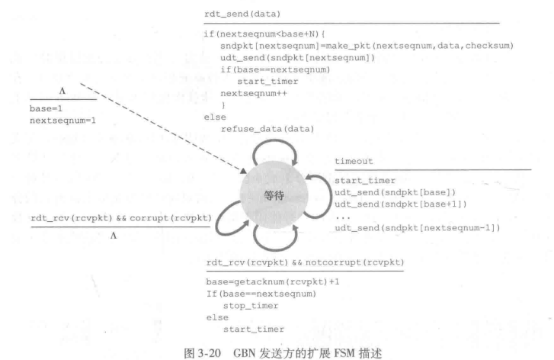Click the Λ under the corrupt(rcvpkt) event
[113, 236]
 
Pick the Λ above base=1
[62, 92]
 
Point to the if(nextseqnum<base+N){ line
[261, 34]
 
